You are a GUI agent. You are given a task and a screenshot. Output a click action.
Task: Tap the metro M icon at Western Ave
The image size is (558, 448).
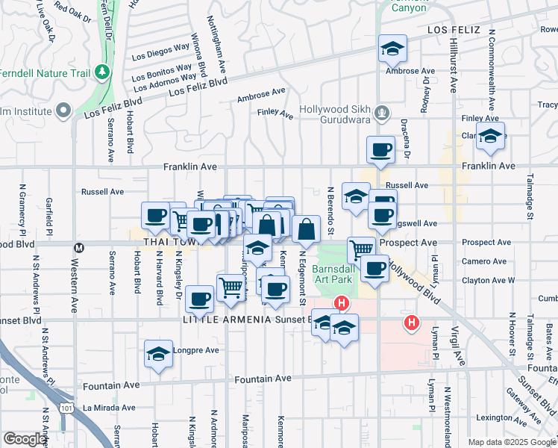tap(78, 244)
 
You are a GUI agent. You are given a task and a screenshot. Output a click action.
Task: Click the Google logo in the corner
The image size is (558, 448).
tap(24, 439)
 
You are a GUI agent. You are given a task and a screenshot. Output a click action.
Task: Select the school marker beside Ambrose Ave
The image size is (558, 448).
tap(392, 49)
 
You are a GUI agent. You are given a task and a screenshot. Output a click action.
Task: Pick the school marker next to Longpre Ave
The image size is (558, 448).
tap(158, 354)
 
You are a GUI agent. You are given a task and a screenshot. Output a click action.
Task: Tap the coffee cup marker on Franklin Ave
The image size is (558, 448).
tap(380, 149)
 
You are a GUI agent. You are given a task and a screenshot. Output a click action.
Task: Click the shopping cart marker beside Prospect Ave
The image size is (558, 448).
tap(361, 249)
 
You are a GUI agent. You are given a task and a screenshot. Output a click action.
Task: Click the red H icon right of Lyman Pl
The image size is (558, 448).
tap(410, 323)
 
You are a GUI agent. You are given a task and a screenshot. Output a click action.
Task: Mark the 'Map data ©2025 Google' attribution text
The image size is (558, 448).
tap(511, 442)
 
